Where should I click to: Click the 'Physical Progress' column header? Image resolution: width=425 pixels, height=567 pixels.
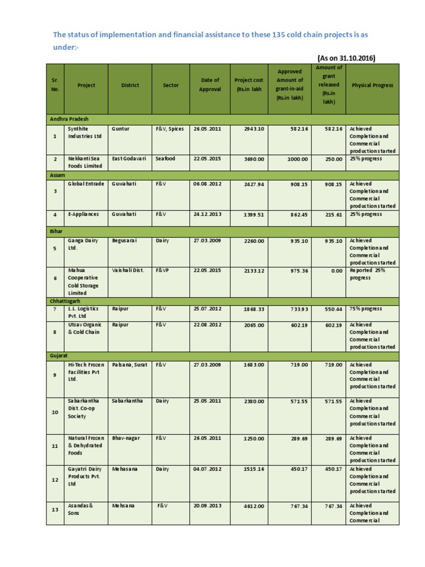coord(372,85)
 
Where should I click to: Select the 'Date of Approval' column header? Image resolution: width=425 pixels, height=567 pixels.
coord(210,85)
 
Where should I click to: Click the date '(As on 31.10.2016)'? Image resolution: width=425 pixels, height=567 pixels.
coord(346,58)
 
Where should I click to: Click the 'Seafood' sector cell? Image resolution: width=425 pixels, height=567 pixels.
coord(165,158)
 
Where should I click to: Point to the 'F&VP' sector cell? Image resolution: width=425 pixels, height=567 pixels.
coord(163,271)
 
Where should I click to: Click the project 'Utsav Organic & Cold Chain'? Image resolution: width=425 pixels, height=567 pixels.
coord(82,328)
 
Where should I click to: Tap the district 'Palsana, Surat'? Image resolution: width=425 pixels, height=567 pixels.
coord(129,365)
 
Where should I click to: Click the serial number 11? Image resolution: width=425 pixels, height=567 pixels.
coord(55,446)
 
